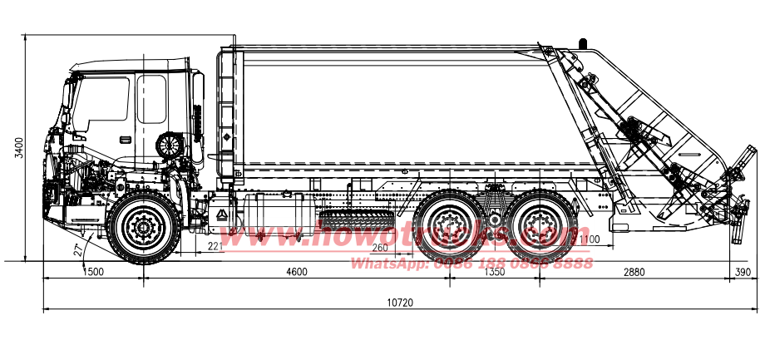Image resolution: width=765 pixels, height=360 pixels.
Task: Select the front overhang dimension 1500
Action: [93, 272]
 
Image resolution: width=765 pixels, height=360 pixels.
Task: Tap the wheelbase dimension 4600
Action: [296, 272]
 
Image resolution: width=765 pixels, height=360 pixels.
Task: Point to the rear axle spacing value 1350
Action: [494, 272]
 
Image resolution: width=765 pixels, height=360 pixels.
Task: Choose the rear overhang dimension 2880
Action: [634, 272]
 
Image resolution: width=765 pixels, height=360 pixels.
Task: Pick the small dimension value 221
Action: [215, 246]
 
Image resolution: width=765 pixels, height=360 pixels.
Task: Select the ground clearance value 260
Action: [380, 248]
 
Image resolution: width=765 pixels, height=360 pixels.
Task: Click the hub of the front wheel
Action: [144, 226]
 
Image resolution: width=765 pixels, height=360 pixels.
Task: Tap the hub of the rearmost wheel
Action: [540, 224]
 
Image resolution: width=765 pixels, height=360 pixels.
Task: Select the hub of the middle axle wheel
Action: [451, 224]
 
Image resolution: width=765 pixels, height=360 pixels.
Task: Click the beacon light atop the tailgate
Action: [582, 41]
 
